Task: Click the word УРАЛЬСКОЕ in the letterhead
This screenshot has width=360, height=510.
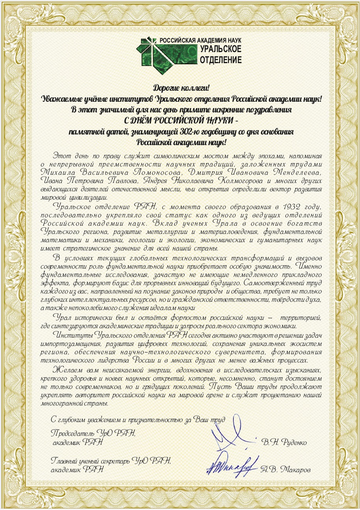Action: (x=221, y=50)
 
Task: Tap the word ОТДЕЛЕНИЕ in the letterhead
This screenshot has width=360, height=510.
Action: (x=221, y=60)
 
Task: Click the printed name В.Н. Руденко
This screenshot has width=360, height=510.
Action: (x=284, y=442)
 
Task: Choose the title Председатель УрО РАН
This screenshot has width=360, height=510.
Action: (x=93, y=433)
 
